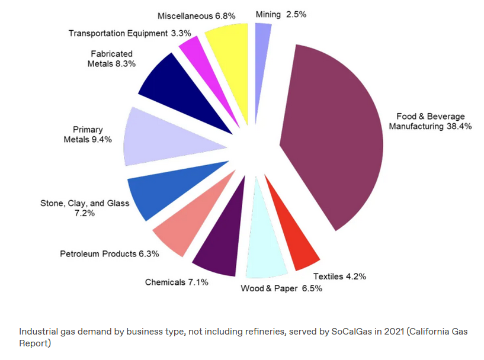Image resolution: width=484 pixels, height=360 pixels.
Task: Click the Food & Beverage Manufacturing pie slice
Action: point(335,136)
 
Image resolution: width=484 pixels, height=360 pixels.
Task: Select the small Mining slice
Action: point(262,47)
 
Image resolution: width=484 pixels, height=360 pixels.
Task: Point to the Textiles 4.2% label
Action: point(339,276)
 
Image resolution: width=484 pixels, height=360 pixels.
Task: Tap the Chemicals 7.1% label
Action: point(177,282)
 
